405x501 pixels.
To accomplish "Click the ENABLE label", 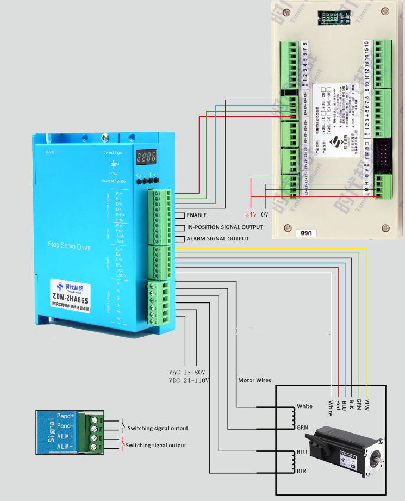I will click(x=196, y=215).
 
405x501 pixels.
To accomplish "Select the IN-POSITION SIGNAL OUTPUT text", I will click(x=225, y=227).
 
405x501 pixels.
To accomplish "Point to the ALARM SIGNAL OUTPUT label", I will click(x=217, y=239).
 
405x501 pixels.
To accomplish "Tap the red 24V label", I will click(x=251, y=214).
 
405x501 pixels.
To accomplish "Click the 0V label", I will click(x=265, y=214).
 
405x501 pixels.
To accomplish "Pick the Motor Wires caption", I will click(x=254, y=380).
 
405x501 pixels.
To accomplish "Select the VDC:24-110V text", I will click(x=189, y=380).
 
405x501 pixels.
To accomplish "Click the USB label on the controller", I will click(x=307, y=233).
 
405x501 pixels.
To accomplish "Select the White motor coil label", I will click(x=304, y=406).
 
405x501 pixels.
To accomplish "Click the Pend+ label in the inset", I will click(x=65, y=416).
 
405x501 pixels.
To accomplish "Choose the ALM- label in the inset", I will click(x=65, y=447).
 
